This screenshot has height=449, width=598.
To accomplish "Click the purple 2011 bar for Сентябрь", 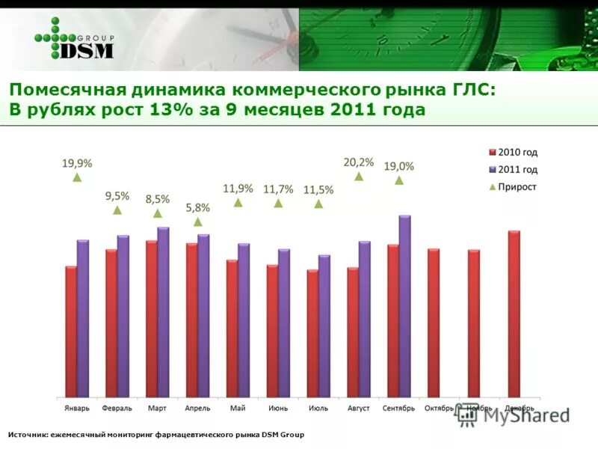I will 404,306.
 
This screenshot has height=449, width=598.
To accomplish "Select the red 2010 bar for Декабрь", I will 514,314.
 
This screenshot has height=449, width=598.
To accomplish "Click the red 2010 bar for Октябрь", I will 434,323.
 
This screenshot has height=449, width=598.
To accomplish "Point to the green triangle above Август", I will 359,176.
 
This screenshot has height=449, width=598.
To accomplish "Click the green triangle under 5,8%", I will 197,222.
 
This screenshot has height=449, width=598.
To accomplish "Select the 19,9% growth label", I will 77,162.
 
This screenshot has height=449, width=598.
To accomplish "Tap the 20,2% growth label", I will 359,161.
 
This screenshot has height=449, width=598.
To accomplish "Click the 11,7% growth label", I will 278,189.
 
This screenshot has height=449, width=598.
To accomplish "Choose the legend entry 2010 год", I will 517,152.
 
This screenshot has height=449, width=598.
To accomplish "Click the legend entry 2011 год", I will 517,170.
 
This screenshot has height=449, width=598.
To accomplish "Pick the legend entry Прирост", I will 517,187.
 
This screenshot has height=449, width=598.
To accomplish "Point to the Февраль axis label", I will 117,409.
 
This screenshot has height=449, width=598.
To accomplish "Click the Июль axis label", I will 318,409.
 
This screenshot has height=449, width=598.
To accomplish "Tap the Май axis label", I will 238,409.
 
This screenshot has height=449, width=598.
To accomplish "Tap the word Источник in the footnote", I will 27,435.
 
